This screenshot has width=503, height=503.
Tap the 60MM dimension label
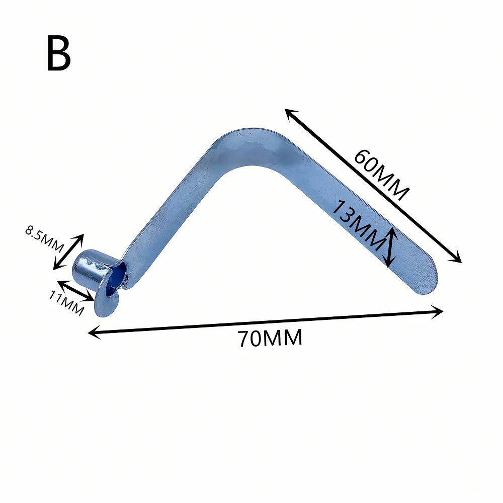[x=381, y=174]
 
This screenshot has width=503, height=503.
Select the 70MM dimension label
[x=270, y=339]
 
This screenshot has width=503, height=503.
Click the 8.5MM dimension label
[x=44, y=240]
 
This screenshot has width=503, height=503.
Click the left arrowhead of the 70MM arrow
[x=93, y=332]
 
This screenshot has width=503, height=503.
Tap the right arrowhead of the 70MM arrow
[x=439, y=311]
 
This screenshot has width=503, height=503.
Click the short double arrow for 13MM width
[x=390, y=246]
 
